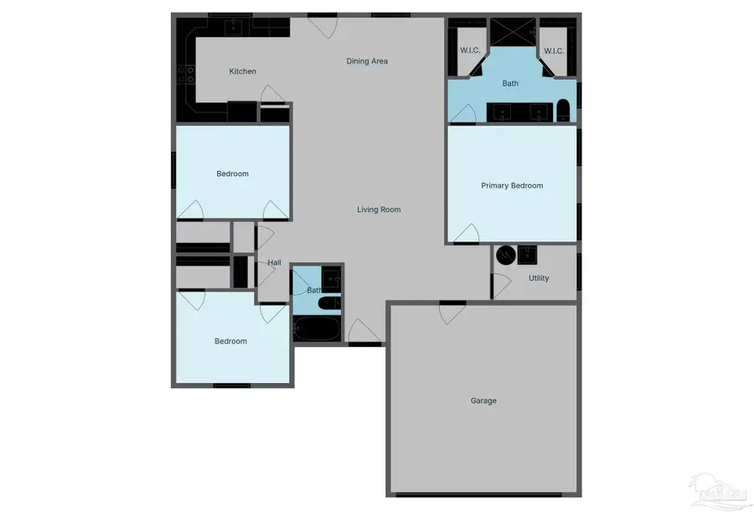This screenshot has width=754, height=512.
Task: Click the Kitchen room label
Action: pyautogui.click(x=243, y=72)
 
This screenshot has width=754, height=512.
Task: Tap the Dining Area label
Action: pyautogui.click(x=367, y=61)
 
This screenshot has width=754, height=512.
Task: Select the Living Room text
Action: pyautogui.click(x=379, y=209)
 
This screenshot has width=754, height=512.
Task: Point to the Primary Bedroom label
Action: pyautogui.click(x=512, y=186)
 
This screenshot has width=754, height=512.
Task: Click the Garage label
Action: pyautogui.click(x=483, y=401)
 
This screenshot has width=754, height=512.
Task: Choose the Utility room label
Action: pyautogui.click(x=539, y=278)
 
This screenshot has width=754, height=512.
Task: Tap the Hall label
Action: pyautogui.click(x=274, y=263)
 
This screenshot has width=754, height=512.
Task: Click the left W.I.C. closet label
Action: pyautogui.click(x=470, y=51)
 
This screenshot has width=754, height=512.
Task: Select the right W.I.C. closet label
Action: pyautogui.click(x=554, y=51)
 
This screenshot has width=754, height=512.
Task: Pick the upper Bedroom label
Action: pyautogui.click(x=232, y=174)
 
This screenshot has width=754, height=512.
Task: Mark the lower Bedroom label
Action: pyautogui.click(x=230, y=341)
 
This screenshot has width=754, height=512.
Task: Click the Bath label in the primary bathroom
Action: pyautogui.click(x=510, y=84)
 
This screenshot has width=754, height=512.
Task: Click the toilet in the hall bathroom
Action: pyautogui.click(x=329, y=303)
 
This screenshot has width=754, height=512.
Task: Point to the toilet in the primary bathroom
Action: pyautogui.click(x=563, y=111)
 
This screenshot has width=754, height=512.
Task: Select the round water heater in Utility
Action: pyautogui.click(x=505, y=256)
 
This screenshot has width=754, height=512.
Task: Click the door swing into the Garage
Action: pyautogui.click(x=452, y=313)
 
